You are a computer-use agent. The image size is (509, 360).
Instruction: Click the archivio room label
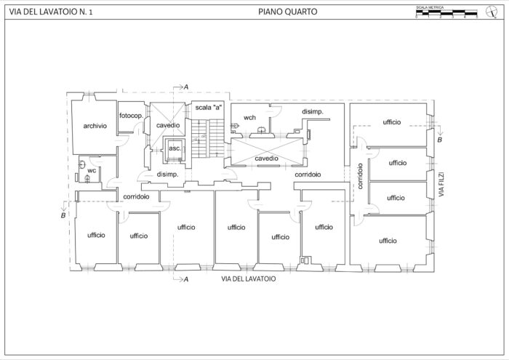click(x=95, y=126)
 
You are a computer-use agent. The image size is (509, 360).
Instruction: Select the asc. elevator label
click(x=174, y=148)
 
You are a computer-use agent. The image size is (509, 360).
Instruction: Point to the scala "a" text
click(x=208, y=108)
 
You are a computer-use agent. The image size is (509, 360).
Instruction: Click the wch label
click(x=249, y=117)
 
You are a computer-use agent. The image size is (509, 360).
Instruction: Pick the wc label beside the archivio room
click(x=92, y=170)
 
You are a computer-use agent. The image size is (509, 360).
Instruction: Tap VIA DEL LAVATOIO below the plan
click(x=248, y=278)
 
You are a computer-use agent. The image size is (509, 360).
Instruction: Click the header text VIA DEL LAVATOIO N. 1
click(x=51, y=12)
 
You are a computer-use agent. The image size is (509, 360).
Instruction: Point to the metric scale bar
click(x=446, y=13)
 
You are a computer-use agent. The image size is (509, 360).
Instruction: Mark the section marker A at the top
click(x=185, y=87)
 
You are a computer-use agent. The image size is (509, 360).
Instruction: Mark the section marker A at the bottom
click(x=185, y=279)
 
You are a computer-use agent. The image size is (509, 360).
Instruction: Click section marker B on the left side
click(x=64, y=215)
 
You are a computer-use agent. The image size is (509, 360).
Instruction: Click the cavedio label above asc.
click(x=168, y=126)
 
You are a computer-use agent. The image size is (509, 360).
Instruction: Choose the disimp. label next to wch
click(x=313, y=111)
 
